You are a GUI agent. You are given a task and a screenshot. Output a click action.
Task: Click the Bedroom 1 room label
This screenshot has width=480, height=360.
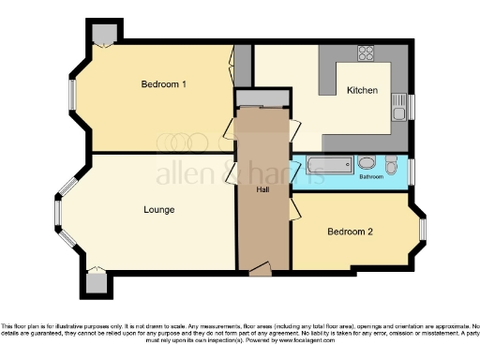coord(164,84)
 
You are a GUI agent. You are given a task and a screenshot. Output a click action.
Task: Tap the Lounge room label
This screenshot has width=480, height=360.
coord(158,209)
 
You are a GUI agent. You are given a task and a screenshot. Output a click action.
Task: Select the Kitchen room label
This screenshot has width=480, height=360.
coord(362,91)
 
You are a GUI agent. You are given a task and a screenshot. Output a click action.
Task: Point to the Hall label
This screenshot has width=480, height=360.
coord(263,190)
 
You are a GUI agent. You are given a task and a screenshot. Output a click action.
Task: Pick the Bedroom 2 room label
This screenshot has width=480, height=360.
coord(351,231)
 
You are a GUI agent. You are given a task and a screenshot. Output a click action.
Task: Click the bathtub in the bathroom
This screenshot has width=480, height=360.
coord(325,168)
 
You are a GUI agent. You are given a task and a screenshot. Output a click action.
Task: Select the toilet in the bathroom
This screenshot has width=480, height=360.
coord(364,162)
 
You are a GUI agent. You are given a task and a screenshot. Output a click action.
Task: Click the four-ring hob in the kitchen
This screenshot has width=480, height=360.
coord(367,53)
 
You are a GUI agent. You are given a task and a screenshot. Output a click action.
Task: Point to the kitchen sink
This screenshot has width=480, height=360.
coord(399,103)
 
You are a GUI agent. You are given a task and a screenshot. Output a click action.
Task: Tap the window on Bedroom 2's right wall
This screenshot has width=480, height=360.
coord(421,229)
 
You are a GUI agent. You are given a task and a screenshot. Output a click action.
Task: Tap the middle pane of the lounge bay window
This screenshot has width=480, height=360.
coord(57,215)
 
